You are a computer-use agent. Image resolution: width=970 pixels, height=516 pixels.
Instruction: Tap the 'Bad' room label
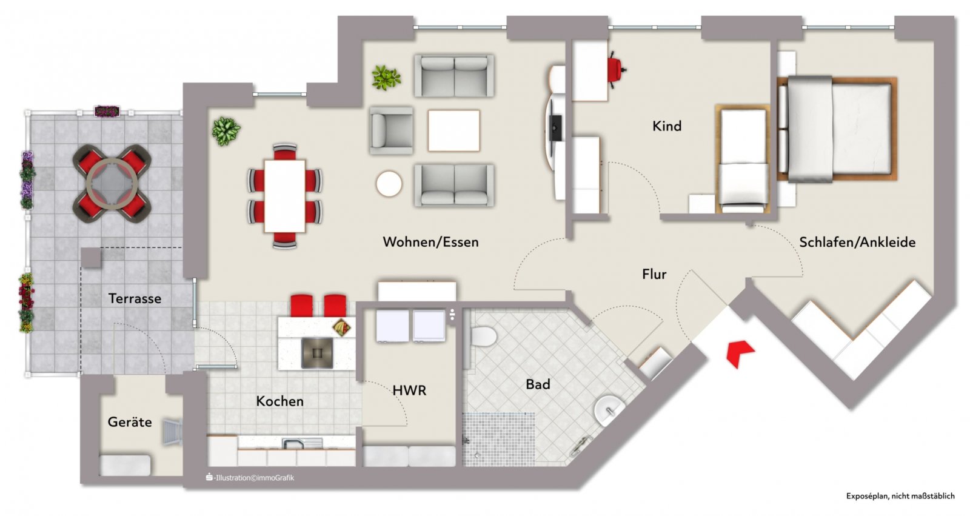[538, 384]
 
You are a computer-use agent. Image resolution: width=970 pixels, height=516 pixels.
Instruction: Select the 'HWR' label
[409, 391]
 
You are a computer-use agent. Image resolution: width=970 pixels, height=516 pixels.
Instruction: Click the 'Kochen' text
[279, 401]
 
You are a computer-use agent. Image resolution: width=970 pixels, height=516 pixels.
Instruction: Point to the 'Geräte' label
[130, 422]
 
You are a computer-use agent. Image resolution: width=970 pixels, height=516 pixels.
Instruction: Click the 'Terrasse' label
[135, 298]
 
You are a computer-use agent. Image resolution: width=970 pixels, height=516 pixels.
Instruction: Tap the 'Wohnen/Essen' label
[430, 242]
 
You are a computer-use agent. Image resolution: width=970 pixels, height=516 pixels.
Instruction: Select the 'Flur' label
[654, 274]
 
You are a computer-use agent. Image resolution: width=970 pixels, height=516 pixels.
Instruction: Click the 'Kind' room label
[667, 126]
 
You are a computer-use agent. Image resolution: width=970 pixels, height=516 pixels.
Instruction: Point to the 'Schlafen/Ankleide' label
[857, 242]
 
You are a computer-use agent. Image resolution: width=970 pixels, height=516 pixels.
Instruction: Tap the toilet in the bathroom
[483, 337]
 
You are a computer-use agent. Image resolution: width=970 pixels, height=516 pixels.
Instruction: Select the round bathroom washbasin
[609, 410]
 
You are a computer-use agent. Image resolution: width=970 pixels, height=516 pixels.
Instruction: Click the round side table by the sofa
[389, 184]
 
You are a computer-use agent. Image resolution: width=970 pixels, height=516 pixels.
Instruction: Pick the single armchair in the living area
[391, 131]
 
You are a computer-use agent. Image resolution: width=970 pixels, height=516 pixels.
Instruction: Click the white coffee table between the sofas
[454, 131]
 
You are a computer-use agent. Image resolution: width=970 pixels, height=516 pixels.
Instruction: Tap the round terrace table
[112, 184]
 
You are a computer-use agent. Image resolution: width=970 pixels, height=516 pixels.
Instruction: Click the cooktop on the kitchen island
[317, 353]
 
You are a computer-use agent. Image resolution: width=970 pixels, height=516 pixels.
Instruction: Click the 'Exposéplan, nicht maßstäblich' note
[900, 496]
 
